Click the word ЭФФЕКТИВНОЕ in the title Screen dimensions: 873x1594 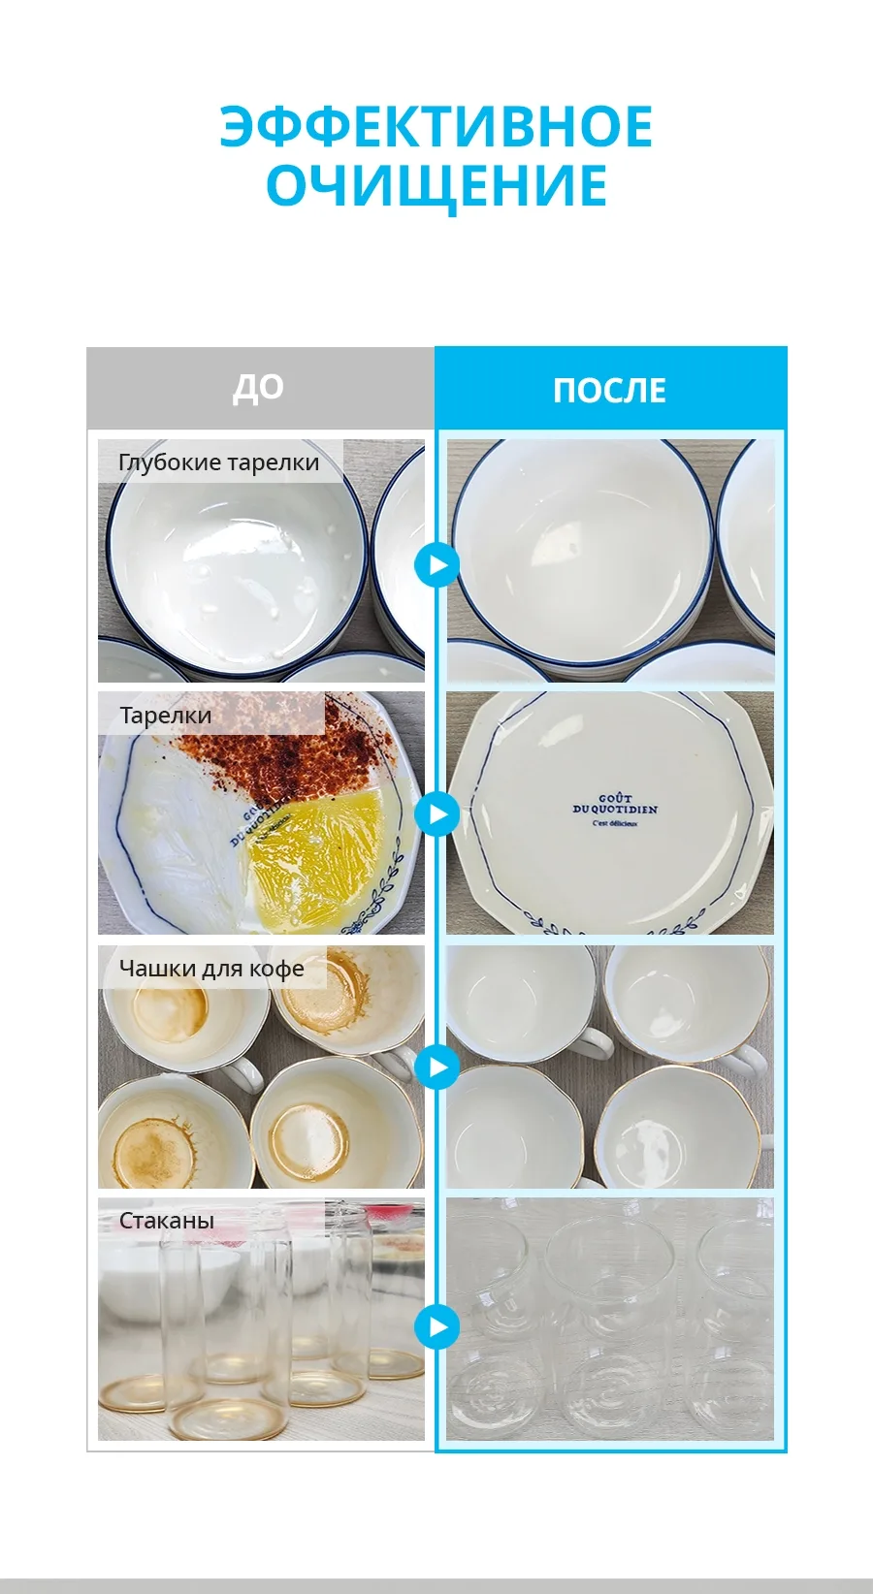[x=436, y=126]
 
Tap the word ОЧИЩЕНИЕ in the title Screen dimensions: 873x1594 [x=436, y=186]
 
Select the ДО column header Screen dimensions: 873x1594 [x=258, y=389]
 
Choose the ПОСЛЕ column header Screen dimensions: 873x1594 [x=609, y=391]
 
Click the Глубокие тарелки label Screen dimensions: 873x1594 [x=218, y=462]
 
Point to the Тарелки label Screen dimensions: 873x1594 [x=165, y=716]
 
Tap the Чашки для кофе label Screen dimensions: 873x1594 [x=211, y=969]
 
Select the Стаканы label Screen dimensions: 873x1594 [x=167, y=1221]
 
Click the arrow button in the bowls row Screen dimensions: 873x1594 [x=436, y=565]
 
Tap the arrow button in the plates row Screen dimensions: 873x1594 [x=436, y=813]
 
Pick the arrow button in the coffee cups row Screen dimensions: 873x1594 [x=436, y=1067]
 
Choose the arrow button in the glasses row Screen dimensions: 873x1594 [x=436, y=1327]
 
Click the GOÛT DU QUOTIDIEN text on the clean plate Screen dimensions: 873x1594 [x=615, y=804]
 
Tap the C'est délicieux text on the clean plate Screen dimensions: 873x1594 [x=615, y=824]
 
